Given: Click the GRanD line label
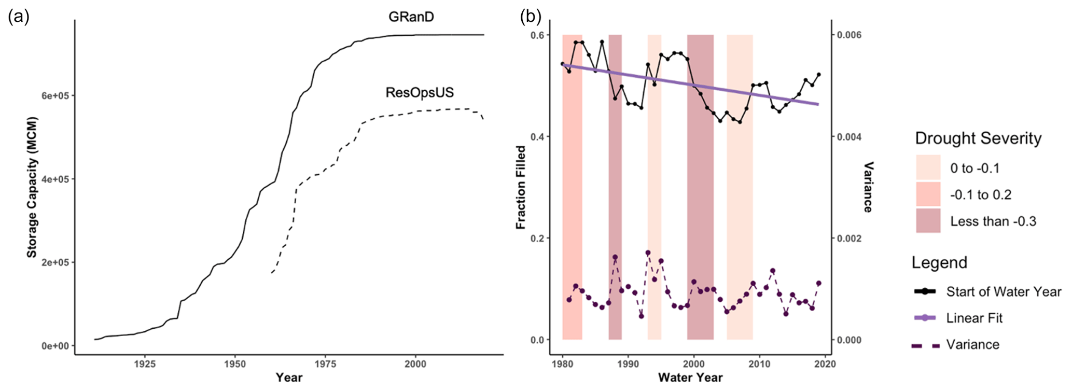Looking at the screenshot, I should [411, 17].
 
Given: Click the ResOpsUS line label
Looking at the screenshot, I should [420, 93].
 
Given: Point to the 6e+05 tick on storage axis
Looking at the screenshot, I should [55, 96].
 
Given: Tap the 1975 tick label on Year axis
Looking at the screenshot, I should [325, 364].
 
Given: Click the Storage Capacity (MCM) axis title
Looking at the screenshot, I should [32, 187].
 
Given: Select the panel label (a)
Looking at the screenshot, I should [19, 17].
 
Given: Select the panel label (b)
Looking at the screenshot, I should [531, 17].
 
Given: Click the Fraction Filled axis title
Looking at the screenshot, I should [521, 187].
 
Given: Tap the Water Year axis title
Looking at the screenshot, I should [690, 377].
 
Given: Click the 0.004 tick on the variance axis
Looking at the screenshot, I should [847, 137].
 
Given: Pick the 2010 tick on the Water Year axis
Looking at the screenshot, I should [760, 364].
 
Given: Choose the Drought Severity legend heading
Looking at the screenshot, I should [978, 138].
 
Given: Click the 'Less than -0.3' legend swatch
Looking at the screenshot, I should [928, 221].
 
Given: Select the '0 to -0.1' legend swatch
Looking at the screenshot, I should [928, 167].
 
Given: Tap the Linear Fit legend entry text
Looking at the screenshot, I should [974, 318].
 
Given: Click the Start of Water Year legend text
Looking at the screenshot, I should [1004, 292].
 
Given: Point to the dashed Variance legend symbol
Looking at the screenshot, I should [925, 345].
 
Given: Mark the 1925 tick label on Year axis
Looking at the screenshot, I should [145, 364].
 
